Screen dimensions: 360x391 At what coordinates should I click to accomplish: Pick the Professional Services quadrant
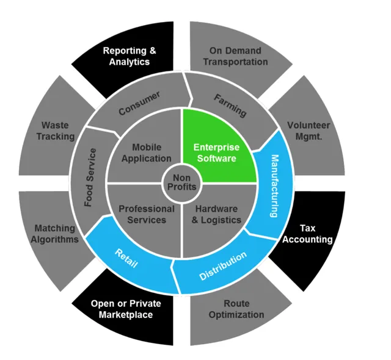[145, 214]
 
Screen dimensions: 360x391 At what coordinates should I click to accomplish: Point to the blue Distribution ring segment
[224, 267]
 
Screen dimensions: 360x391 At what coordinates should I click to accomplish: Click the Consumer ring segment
[139, 103]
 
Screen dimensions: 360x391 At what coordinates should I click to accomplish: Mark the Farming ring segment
[230, 105]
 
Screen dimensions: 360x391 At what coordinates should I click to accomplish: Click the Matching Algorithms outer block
[55, 234]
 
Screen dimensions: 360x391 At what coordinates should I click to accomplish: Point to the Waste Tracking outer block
[55, 132]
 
